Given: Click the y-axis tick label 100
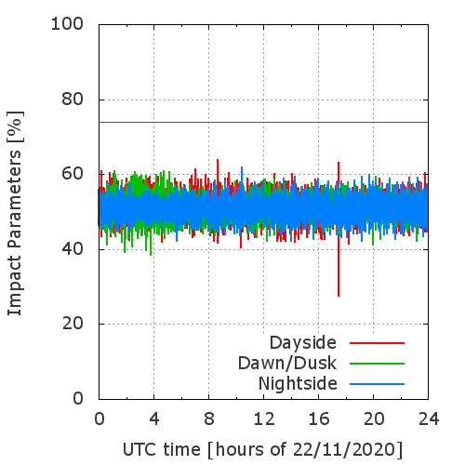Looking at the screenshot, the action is (67, 24).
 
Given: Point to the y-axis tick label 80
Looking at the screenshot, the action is (73, 100).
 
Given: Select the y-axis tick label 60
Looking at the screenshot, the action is (73, 174).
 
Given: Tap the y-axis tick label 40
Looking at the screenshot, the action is (73, 249).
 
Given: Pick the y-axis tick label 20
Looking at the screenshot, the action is (73, 324).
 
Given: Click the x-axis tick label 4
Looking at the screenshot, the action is (154, 419).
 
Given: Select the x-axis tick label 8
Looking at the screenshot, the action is (209, 419).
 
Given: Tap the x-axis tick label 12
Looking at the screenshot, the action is (264, 419).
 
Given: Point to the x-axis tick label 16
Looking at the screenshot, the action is (319, 419).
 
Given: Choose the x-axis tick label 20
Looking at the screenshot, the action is (374, 419).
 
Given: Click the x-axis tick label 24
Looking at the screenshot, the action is (429, 419).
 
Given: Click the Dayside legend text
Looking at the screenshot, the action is (303, 343).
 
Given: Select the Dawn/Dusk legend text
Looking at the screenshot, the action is (287, 364).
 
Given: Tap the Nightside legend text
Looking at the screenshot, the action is (298, 384).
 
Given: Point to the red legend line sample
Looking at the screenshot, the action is (377, 343).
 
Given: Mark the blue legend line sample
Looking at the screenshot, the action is (377, 384).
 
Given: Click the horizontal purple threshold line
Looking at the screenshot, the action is (263, 122).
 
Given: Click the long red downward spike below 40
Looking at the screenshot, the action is (339, 267).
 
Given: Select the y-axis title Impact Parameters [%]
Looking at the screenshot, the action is (15, 213).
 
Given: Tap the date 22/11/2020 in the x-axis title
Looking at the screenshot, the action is (343, 449).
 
